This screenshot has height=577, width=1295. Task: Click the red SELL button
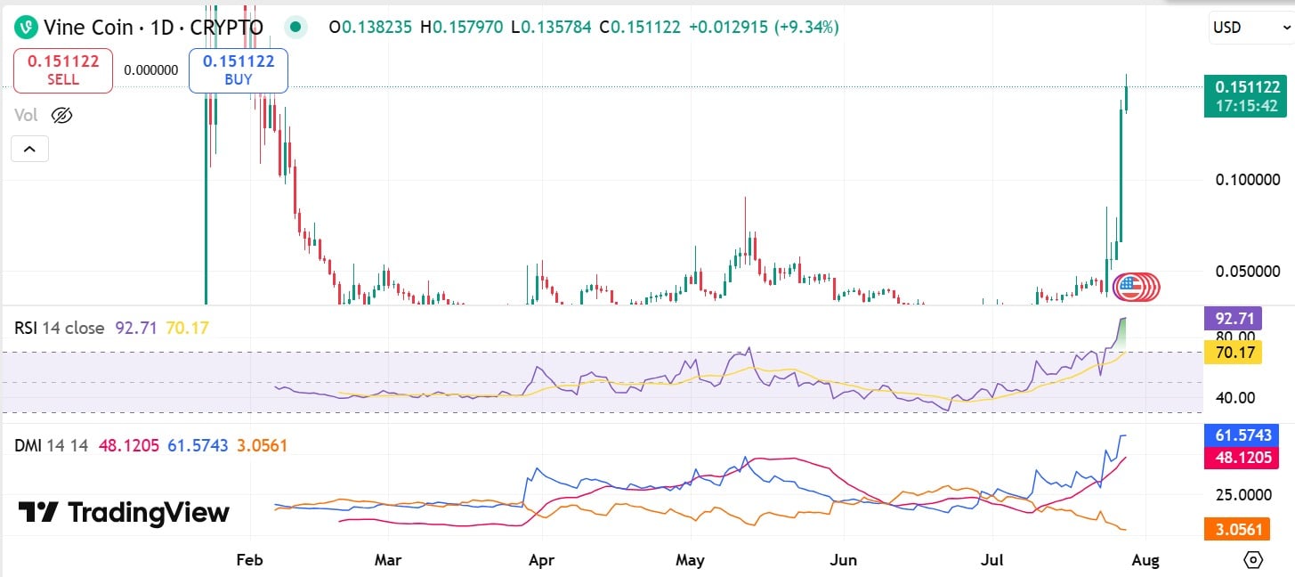63,70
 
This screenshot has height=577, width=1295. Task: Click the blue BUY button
239,70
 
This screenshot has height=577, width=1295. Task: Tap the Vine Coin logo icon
27,28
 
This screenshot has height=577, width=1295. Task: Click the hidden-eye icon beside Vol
61,115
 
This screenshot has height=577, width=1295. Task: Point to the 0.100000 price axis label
1248,180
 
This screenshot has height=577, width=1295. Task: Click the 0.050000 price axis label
1248,271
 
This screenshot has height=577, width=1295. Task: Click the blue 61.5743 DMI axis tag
1244,435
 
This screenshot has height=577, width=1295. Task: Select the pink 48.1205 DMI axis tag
1244,458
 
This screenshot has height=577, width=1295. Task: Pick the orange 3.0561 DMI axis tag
1244,529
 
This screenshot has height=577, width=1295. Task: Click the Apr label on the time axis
541,560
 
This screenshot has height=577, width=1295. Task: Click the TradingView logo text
125,513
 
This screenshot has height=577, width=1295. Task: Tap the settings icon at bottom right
1253,560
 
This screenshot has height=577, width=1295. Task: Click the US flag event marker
1129,286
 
